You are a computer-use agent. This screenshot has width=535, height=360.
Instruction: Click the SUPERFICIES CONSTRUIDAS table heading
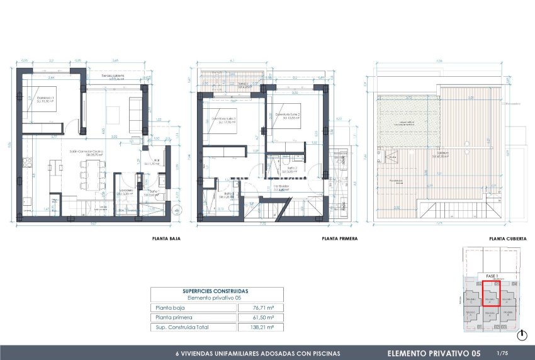216,291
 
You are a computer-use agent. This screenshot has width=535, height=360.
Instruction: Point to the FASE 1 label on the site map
492,276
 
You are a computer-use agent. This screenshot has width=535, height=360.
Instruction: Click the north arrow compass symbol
522,335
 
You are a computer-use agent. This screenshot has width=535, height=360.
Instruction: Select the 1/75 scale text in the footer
502,353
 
